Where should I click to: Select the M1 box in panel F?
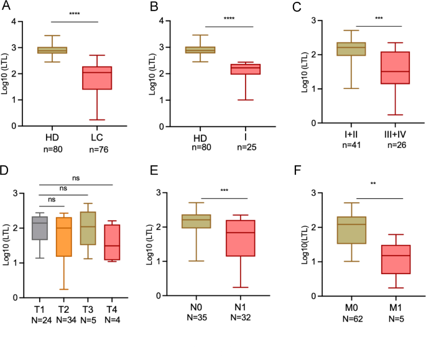[x=391, y=259]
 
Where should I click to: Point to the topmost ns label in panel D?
[x=76, y=177]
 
